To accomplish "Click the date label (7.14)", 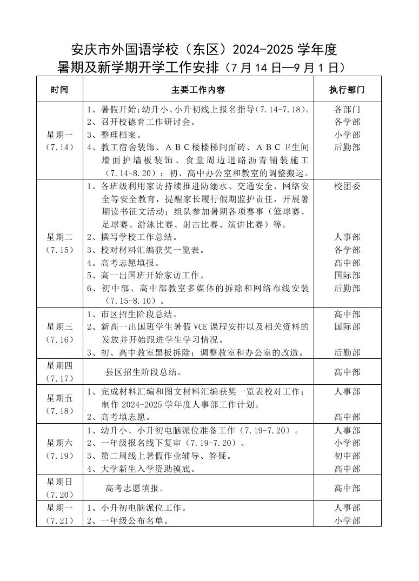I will coord(59,148).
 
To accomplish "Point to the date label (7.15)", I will coord(59,250).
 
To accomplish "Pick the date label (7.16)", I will coord(59,339).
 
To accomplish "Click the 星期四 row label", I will coord(59,365).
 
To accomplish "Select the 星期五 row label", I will coord(59,398).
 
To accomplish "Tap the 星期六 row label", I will coord(59,443).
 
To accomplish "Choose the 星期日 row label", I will coord(59,482).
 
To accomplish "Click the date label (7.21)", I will coord(59,520).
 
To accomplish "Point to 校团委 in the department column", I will coord(347,186).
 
